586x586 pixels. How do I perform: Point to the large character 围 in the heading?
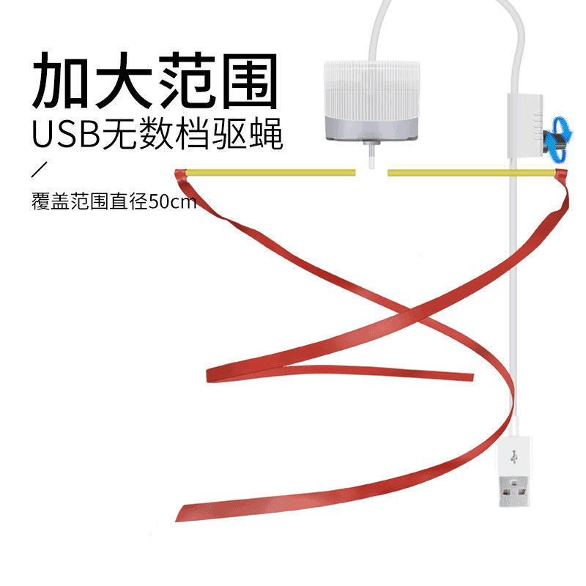[x=249, y=79]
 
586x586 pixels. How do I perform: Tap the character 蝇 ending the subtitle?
[x=266, y=135]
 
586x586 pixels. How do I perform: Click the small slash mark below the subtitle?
[x=40, y=172]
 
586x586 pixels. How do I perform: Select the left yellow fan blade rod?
[x=271, y=173]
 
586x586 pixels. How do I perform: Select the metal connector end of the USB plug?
[x=514, y=495]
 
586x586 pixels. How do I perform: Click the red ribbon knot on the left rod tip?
[x=180, y=174]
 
